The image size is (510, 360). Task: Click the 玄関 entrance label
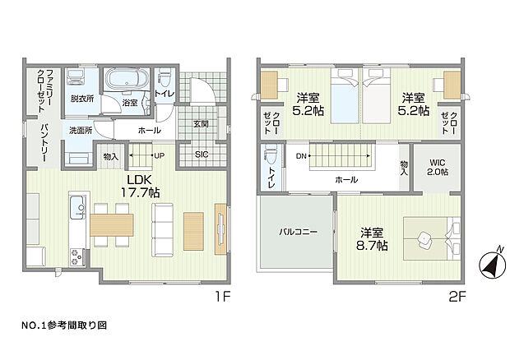(202, 124)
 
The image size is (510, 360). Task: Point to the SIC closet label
(202, 155)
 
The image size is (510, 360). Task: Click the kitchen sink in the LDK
(76, 205)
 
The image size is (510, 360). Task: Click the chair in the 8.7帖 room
(424, 238)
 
